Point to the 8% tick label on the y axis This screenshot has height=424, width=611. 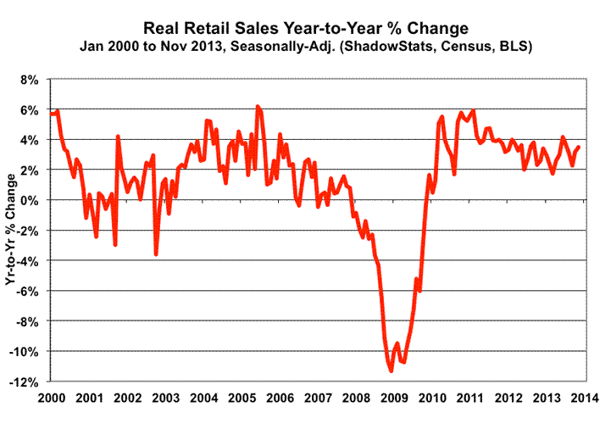click(x=30, y=80)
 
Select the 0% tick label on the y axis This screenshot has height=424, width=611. click(x=30, y=201)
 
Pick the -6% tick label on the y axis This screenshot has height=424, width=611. click(x=27, y=292)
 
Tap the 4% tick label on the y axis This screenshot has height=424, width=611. click(x=30, y=140)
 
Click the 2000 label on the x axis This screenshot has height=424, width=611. click(x=51, y=398)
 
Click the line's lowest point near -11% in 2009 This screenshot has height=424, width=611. click(x=391, y=371)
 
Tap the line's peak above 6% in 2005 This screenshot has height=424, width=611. click(x=258, y=107)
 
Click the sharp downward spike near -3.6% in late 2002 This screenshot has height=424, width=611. click(x=156, y=254)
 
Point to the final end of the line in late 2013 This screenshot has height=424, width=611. click(x=579, y=147)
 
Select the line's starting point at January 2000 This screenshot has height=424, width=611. click(x=51, y=113)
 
